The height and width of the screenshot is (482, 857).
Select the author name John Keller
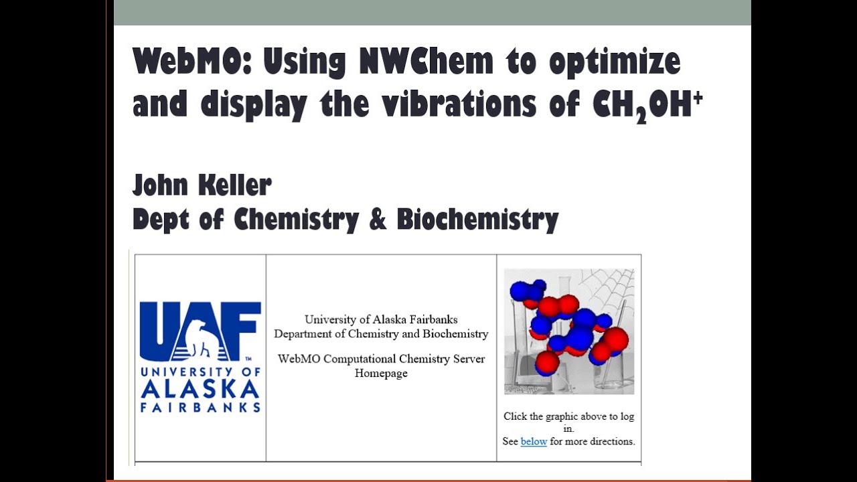pos(202,185)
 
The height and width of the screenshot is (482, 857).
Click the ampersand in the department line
pos(378,219)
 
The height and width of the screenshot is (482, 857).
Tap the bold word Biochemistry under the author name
pos(477,220)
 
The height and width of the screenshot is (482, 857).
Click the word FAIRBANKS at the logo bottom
pos(200,407)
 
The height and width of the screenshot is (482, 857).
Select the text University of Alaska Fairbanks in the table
pos(381,320)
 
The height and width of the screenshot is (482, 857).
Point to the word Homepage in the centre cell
pos(381,374)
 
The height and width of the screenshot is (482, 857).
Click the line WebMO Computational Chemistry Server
pos(381,359)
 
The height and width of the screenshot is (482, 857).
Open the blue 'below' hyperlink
pos(534,441)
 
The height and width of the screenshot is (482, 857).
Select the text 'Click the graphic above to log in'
pos(568,422)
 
